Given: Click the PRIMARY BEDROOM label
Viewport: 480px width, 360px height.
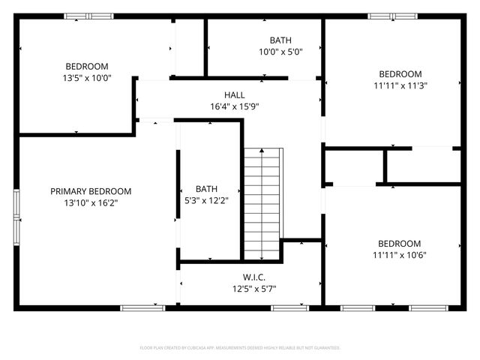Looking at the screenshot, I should tap(91, 191).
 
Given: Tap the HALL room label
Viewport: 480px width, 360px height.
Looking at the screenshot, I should tap(234, 95).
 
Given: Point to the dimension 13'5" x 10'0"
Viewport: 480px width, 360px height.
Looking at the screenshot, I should tap(87, 77).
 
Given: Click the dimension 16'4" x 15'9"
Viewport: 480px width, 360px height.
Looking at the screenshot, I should tap(234, 106).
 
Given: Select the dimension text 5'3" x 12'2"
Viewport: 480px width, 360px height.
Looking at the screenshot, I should tap(207, 200).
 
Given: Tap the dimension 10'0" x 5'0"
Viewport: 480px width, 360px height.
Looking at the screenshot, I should tap(280, 52).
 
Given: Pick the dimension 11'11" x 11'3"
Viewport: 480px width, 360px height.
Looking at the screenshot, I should tap(400, 85).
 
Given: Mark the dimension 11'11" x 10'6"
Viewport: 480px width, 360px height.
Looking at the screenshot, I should tap(400, 255).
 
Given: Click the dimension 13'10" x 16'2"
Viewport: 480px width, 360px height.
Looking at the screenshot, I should tap(91, 202).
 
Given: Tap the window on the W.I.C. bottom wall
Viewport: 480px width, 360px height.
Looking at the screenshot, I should tap(289, 307).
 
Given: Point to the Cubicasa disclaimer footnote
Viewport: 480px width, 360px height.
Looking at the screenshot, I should tap(240, 348).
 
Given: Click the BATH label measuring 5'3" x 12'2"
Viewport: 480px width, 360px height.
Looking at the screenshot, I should tap(207, 189).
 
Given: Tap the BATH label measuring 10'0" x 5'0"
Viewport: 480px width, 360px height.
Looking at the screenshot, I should tap(280, 40).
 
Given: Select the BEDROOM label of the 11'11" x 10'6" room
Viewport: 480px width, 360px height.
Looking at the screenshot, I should tap(400, 244).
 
